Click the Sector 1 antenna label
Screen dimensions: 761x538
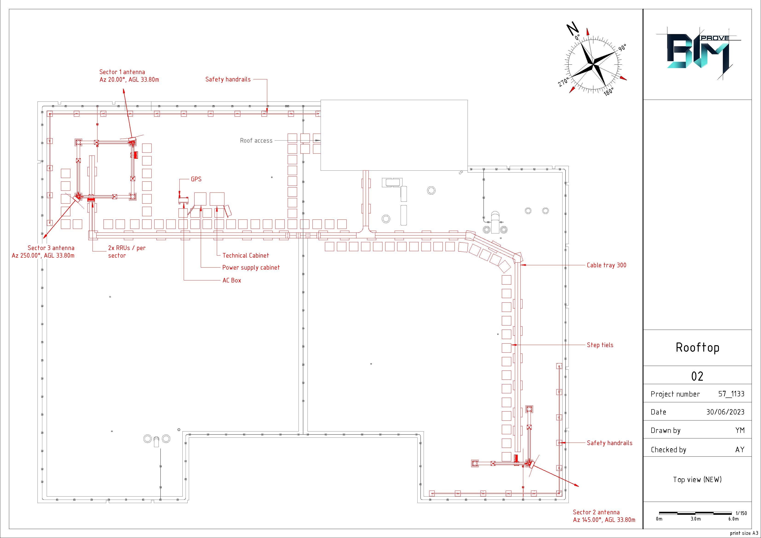129,76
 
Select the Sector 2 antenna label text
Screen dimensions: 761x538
604,516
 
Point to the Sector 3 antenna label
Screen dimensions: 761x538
43,252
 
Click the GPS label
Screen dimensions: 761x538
196,179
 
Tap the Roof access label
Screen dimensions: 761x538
256,141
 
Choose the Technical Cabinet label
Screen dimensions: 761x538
246,256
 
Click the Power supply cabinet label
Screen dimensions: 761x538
251,268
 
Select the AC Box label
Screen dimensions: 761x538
232,280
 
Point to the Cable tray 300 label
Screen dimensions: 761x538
606,265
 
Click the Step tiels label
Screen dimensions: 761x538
600,345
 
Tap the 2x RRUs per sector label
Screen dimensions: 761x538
127,252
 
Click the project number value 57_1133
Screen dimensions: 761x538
731,394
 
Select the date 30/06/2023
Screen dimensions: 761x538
725,412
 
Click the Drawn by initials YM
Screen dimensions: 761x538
740,430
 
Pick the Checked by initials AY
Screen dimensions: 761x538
740,449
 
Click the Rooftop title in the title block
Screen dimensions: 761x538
697,347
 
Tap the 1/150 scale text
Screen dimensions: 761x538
741,513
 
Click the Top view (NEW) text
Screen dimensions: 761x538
697,480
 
